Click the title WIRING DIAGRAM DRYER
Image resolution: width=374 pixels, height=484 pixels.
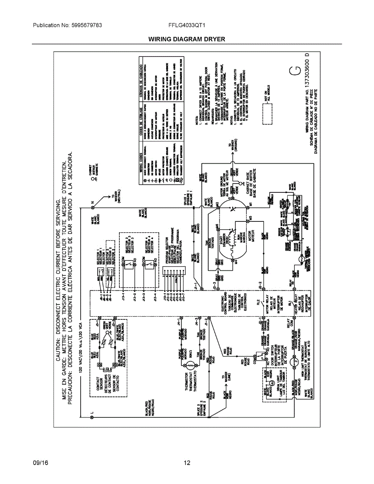tap(186, 39)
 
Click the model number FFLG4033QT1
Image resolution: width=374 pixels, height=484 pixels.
tap(187, 25)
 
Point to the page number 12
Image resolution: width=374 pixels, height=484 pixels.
tap(187, 463)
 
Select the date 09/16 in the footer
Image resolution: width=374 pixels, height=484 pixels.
tap(40, 463)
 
